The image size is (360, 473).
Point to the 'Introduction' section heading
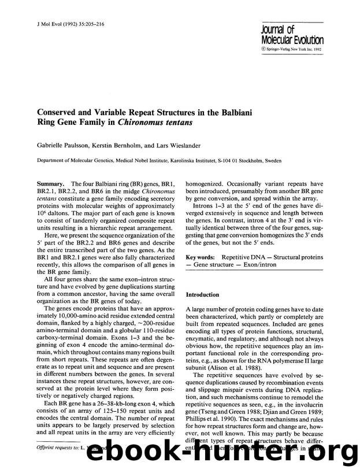(x=202, y=294)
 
